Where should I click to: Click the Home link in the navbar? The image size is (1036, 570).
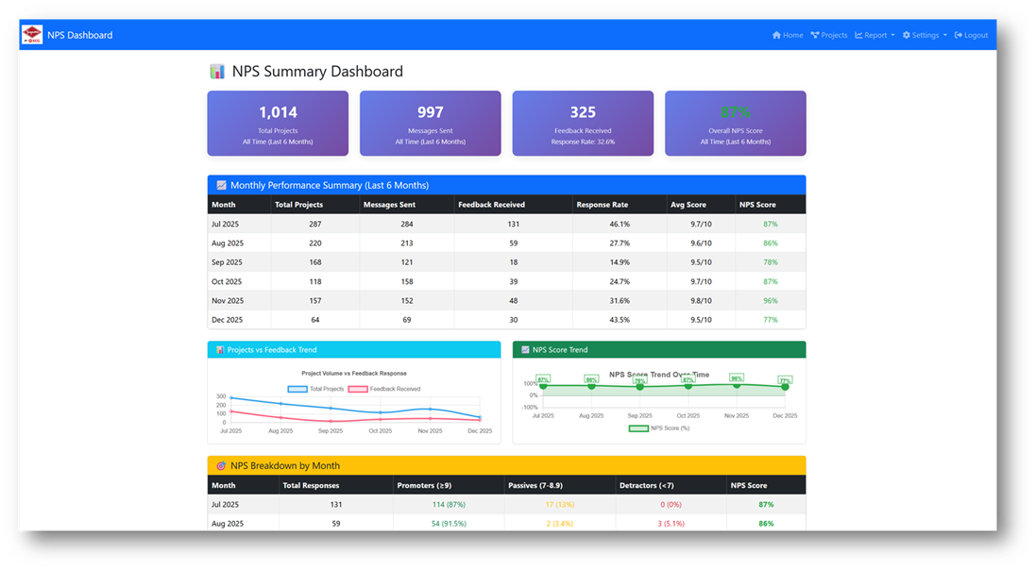788,35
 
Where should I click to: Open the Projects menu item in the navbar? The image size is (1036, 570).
829,35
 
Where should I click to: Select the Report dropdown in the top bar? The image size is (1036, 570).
875,35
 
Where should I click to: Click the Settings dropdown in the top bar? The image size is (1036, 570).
925,35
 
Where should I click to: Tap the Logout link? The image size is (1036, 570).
972,35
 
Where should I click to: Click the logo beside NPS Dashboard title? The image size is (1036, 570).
31,35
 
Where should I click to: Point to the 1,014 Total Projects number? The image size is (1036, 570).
278,112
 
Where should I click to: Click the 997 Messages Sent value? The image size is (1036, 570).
430,112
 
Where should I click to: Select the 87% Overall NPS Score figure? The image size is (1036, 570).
735,112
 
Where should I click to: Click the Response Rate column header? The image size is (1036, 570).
602,205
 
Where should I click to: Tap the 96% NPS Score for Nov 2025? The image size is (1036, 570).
770,301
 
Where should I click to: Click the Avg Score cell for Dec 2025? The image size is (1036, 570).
702,320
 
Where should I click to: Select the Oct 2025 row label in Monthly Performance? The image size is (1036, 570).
227,281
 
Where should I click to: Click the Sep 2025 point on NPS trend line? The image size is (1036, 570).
639,387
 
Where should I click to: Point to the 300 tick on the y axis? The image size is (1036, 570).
221,397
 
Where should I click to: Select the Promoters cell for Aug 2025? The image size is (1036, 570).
448,523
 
